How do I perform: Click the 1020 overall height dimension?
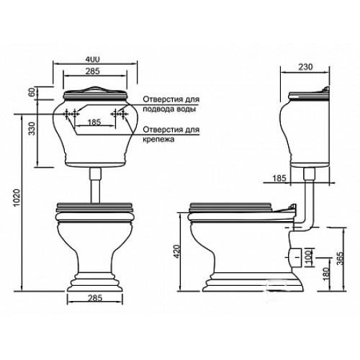pos(17,198)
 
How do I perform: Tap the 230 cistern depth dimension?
pos(305,67)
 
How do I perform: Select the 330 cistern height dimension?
pos(32,128)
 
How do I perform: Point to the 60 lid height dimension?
pos(33,92)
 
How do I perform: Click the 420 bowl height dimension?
pos(176,251)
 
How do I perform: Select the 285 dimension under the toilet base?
pos(95,298)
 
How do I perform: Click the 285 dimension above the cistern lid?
pos(93,71)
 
